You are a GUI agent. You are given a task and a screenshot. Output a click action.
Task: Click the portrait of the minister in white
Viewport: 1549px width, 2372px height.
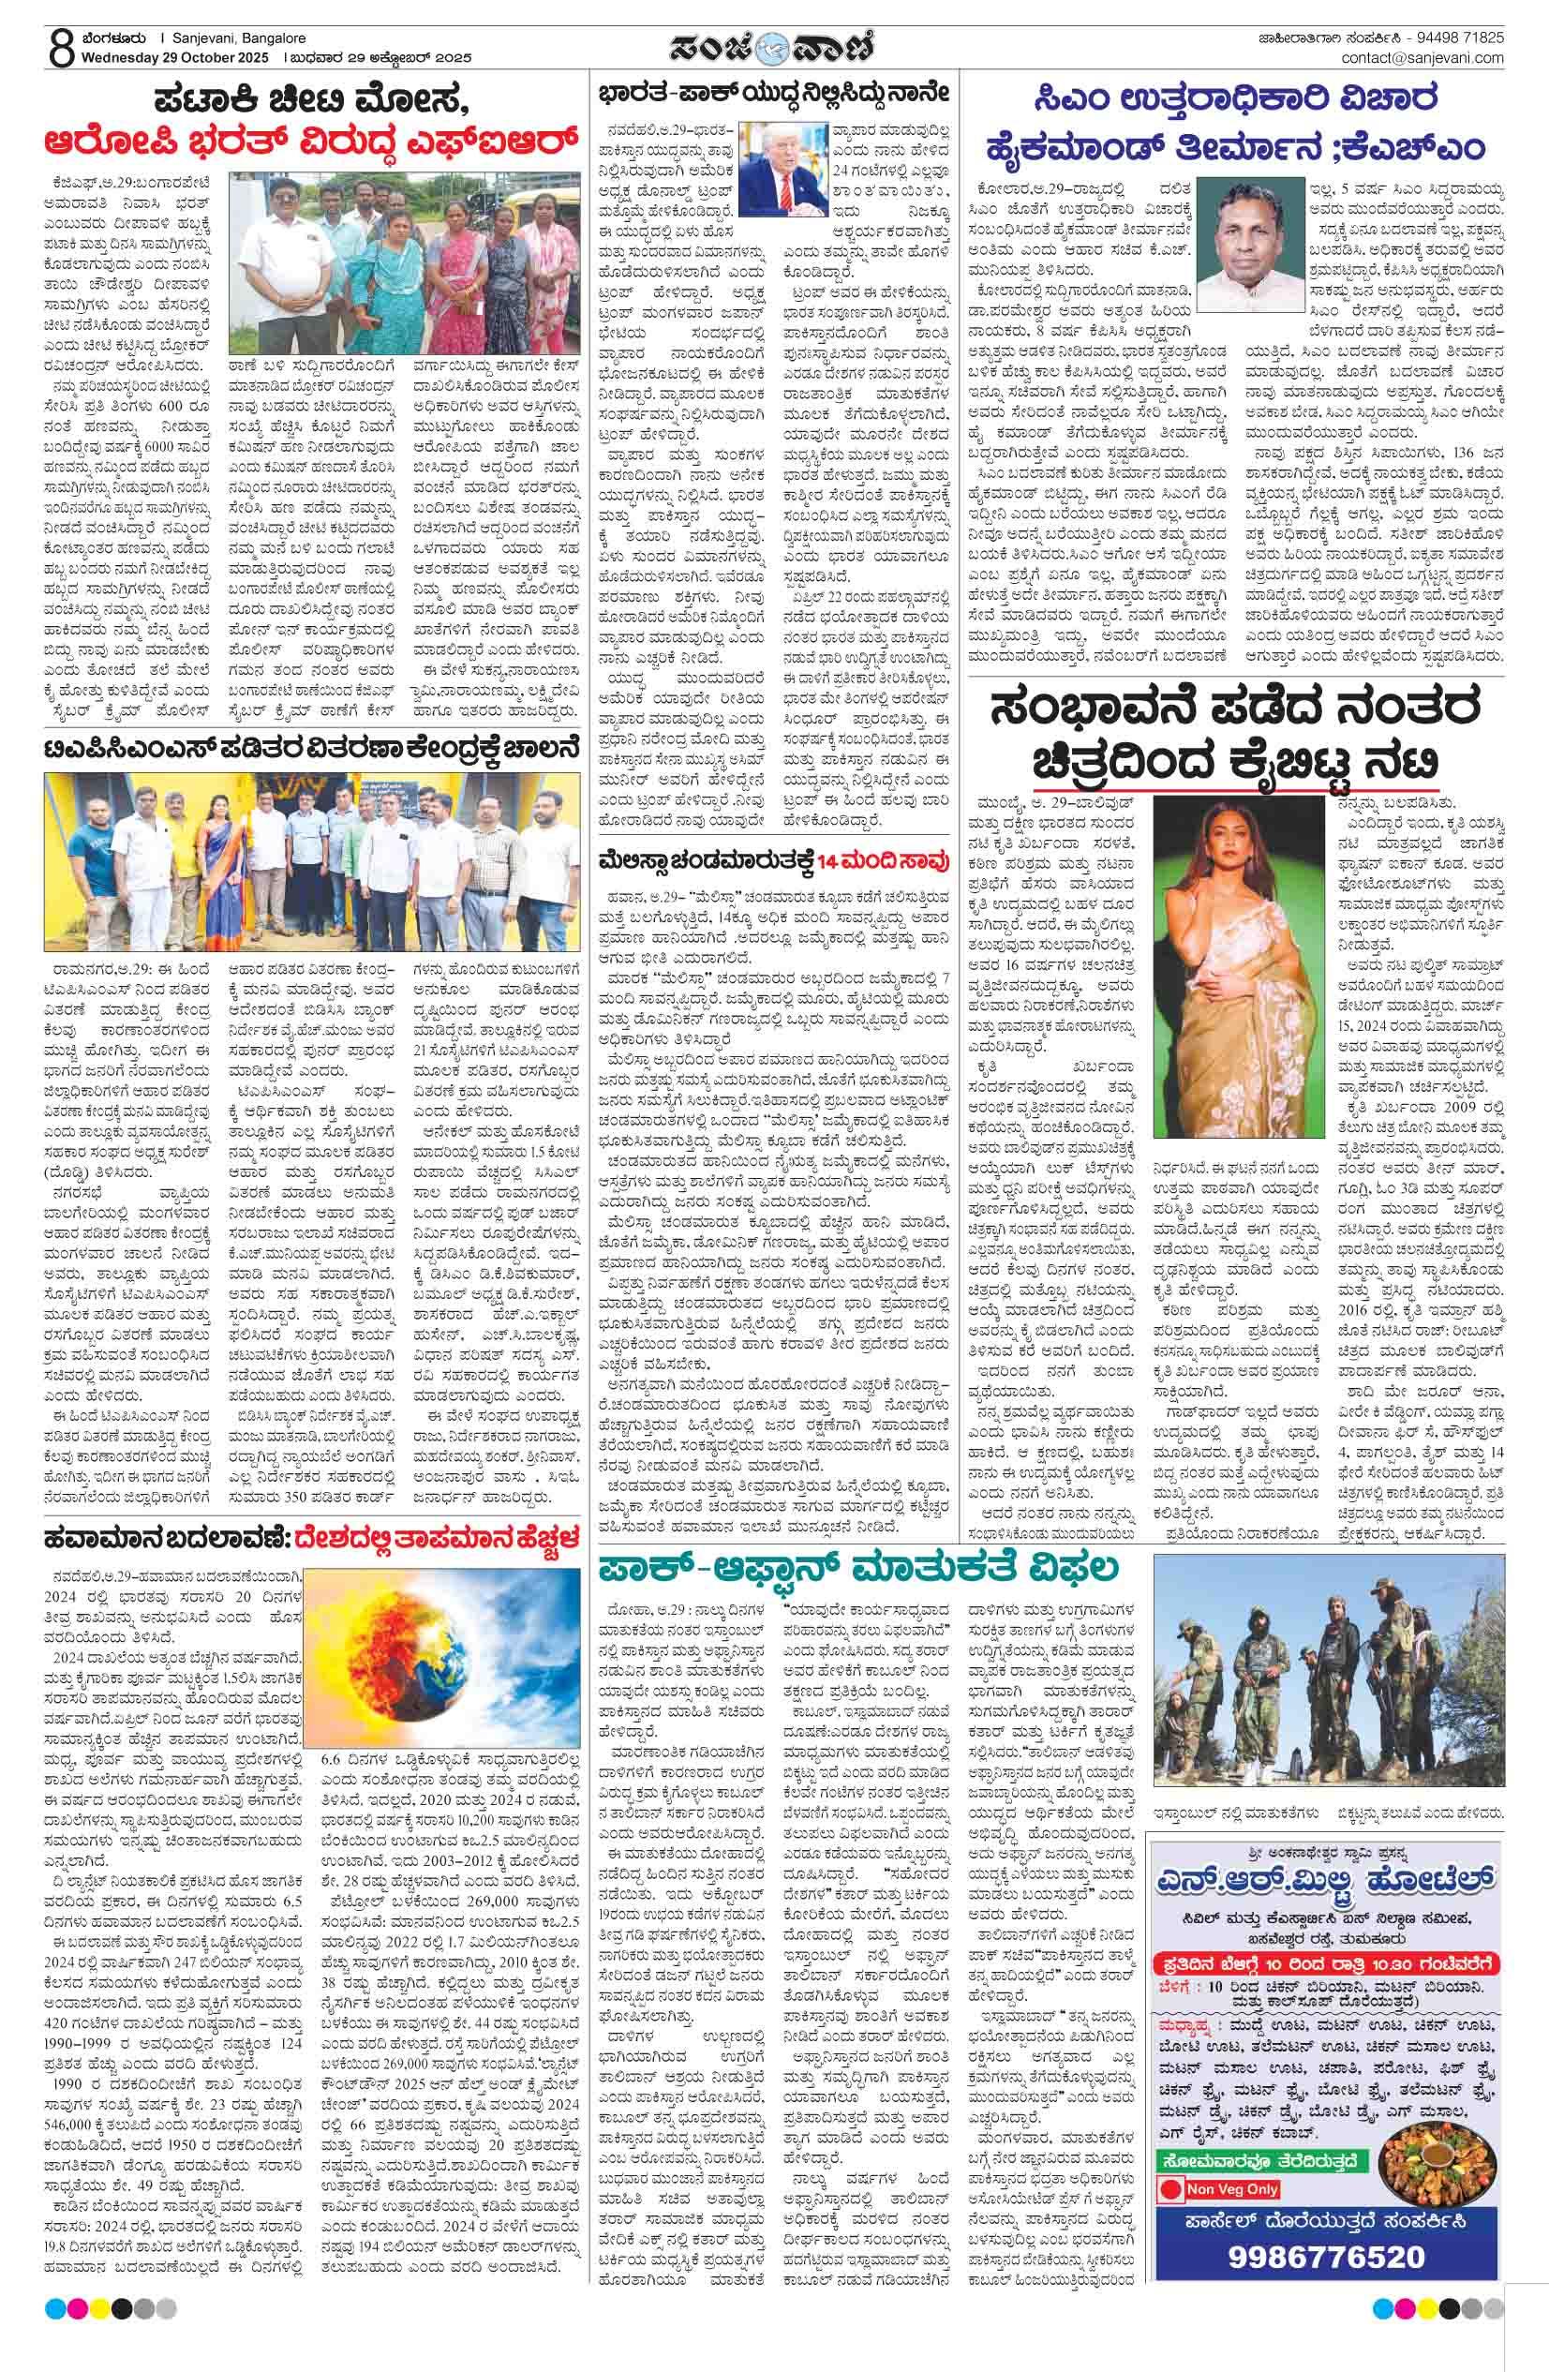(1250, 246)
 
